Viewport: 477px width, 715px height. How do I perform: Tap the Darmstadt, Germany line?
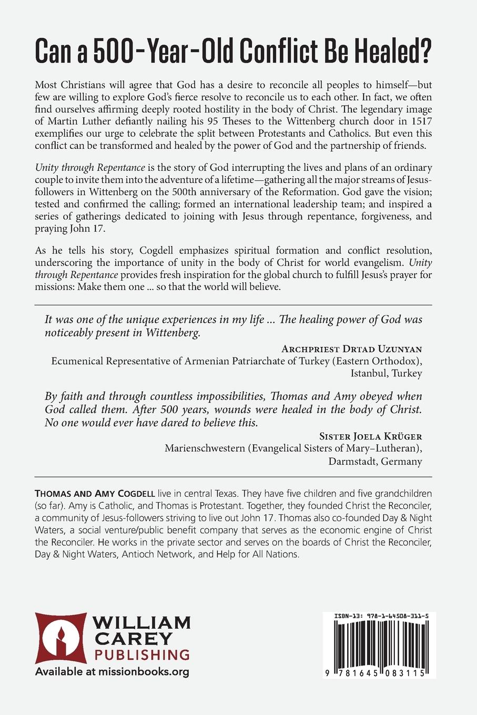[375, 462]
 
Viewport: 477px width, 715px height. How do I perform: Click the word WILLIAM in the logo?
[142, 623]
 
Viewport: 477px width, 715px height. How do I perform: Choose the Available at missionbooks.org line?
[111, 671]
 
